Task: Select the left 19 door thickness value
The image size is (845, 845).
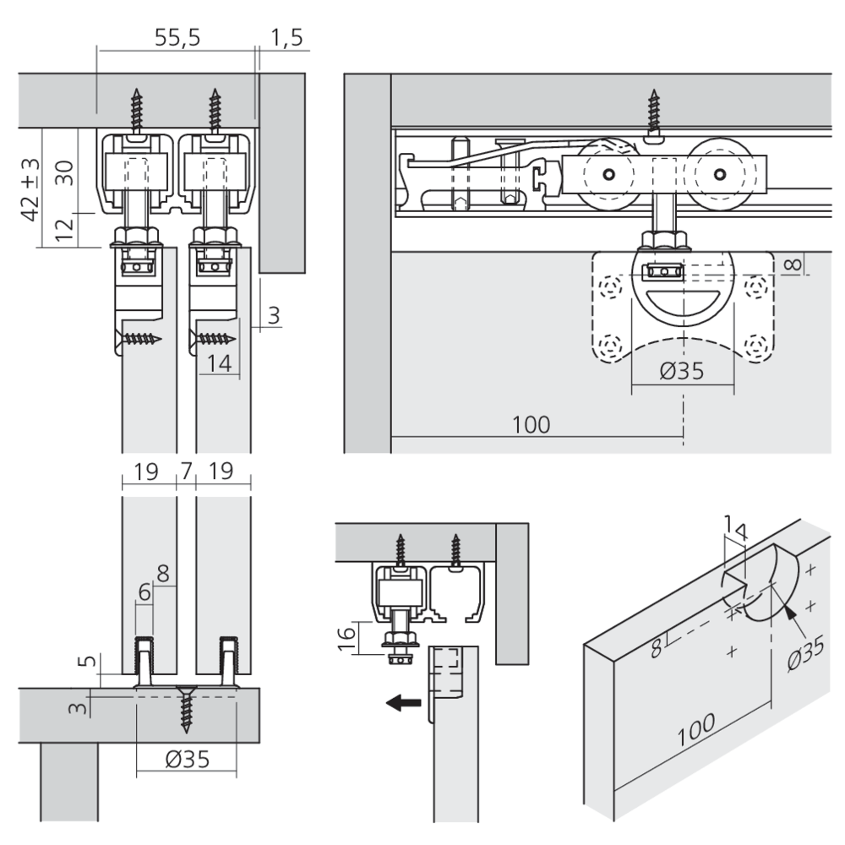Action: [146, 472]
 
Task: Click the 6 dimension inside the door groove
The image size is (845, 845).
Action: [144, 592]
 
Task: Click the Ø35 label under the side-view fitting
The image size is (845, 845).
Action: [680, 372]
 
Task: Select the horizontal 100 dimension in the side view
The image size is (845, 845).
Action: [531, 423]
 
